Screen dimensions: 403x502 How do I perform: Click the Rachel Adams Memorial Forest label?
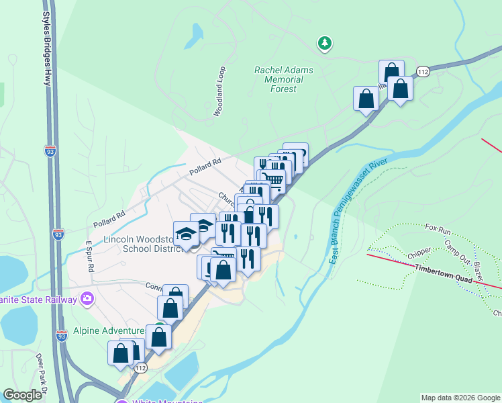coord(279,79)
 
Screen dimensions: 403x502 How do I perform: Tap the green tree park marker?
coord(325,44)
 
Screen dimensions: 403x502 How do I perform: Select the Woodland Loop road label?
coord(219,92)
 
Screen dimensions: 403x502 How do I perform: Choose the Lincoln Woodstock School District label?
coord(142,244)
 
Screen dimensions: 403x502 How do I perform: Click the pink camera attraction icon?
coord(87,298)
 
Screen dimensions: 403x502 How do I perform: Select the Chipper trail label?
coord(419,257)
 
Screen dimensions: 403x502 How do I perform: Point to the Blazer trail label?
coord(479,271)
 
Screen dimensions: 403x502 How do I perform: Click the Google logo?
coord(22,395)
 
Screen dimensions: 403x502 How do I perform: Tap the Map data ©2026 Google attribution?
coord(460,398)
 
